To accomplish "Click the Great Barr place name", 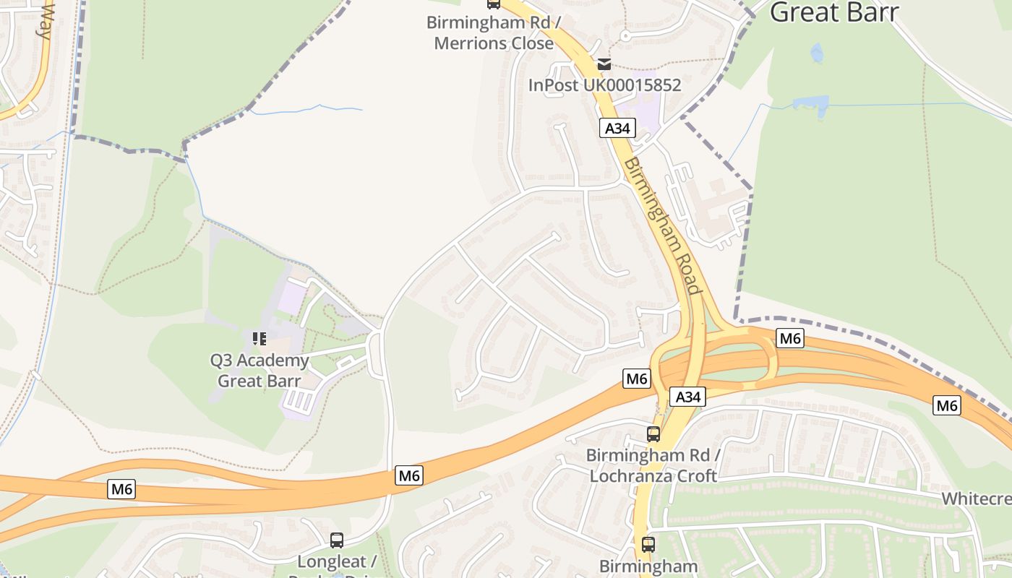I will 833,12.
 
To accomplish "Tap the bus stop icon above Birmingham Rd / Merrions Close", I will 494,4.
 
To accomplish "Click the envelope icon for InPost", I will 604,64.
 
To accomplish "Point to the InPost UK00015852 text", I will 604,85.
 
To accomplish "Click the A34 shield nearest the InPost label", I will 617,129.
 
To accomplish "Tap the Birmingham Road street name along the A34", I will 664,226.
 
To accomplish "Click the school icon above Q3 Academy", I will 260,338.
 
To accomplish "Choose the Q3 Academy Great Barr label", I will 260,370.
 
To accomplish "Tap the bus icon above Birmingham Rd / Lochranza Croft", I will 653,434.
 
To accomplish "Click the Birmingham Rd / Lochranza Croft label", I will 653,465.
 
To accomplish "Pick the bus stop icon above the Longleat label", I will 337,540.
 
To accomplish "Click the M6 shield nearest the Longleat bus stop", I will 409,475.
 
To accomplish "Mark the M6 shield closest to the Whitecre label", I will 947,405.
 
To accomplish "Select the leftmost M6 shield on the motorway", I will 122,489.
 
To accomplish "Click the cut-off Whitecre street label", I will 976,499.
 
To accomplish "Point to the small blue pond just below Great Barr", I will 817,53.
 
